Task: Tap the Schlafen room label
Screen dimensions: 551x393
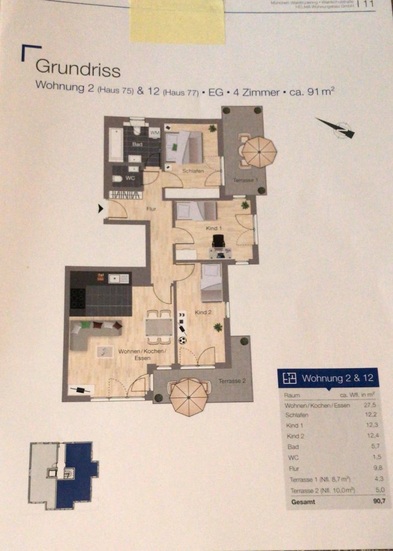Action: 194,171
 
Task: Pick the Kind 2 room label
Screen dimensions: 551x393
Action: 203,313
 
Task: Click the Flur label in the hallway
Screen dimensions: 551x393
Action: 152,209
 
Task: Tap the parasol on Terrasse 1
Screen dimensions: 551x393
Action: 259,152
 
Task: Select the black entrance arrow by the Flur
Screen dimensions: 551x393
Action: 101,208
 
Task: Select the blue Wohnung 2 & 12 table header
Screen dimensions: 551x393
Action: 330,378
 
